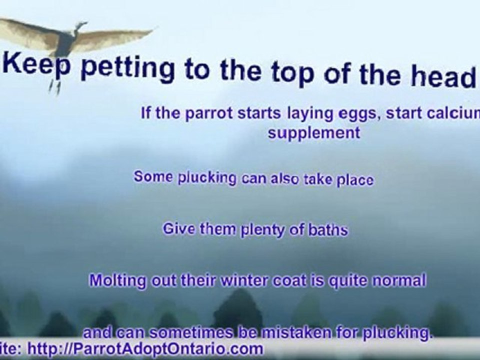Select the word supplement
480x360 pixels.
click(313, 133)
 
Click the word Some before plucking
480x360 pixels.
click(153, 177)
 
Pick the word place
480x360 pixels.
click(354, 180)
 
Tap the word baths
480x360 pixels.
click(327, 230)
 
